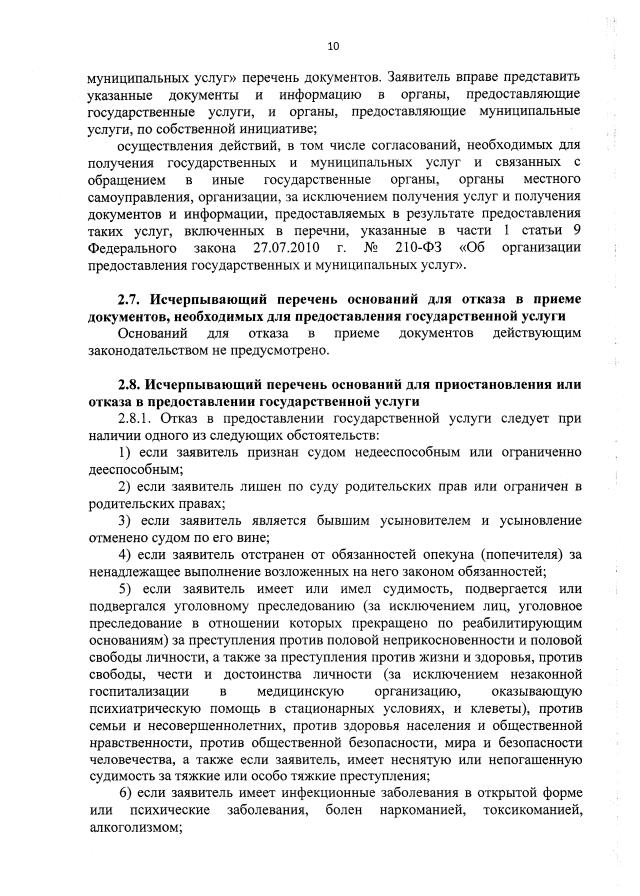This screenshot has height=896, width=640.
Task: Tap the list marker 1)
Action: (x=126, y=454)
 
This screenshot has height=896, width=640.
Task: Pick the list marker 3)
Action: (x=126, y=521)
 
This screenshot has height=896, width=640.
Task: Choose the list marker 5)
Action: (x=126, y=589)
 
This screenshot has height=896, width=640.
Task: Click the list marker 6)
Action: (x=126, y=793)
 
